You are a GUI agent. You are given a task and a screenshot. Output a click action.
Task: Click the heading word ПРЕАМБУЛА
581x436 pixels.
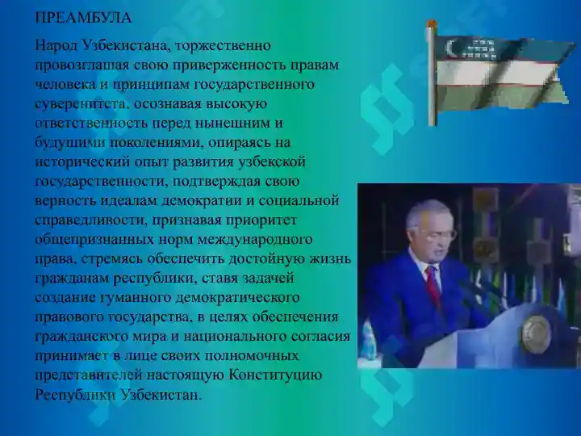point(83,17)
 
